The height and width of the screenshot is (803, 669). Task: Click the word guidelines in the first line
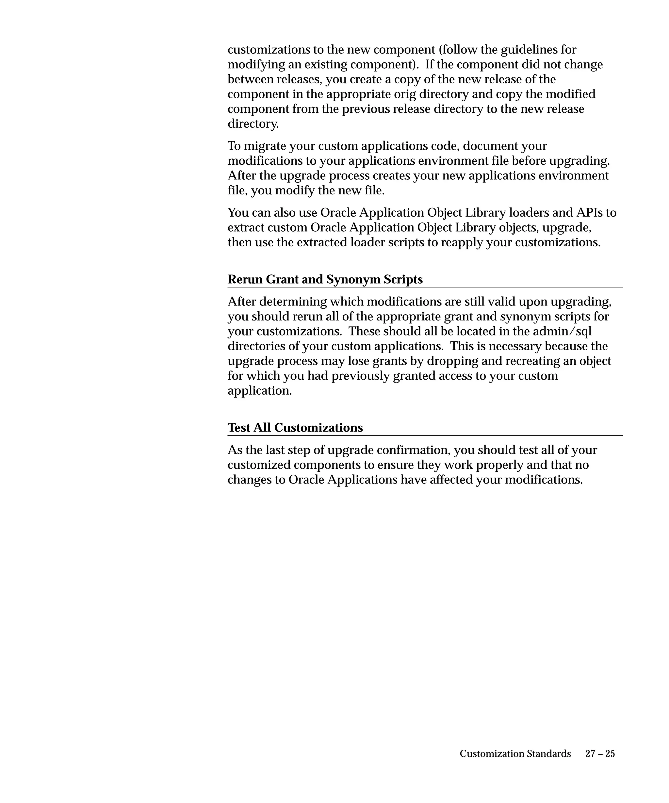click(x=528, y=50)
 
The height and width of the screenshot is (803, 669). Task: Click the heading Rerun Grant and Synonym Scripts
click(x=325, y=280)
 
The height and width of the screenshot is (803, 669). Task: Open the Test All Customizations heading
click(x=295, y=428)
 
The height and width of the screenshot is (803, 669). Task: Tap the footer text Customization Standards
click(x=515, y=754)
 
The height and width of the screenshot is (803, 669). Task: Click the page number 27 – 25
click(x=600, y=754)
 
